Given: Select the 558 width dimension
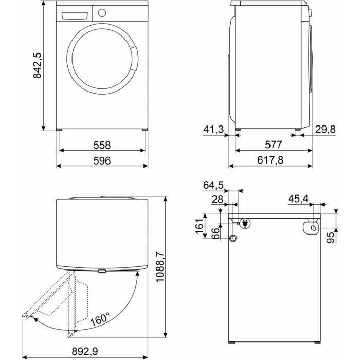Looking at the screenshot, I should pos(102,145).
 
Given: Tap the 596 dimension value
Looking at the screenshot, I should pos(102,160).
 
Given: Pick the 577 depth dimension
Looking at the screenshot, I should pos(274,145).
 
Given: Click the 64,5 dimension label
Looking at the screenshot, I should pos(214,185).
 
